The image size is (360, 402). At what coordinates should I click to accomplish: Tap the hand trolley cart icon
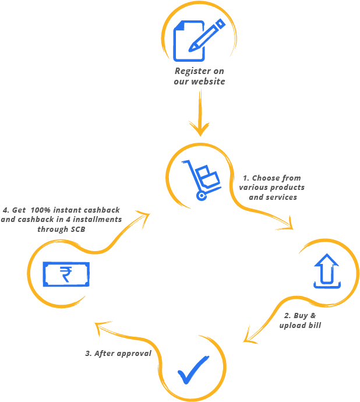pyautogui.click(x=201, y=179)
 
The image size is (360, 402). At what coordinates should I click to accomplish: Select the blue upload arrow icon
pyautogui.click(x=326, y=271)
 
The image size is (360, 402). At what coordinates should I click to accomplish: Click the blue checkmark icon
pyautogui.click(x=193, y=369)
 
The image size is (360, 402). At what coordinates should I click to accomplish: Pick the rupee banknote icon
pyautogui.click(x=66, y=274)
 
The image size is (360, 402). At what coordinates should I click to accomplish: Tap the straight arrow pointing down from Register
pyautogui.click(x=200, y=114)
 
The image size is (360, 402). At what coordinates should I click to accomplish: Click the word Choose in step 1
pyautogui.click(x=266, y=178)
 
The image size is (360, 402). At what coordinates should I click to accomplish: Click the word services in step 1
pyautogui.click(x=283, y=198)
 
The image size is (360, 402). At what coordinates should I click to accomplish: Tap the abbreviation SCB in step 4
pyautogui.click(x=77, y=230)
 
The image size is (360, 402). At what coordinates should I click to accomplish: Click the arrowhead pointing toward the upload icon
pyautogui.click(x=288, y=225)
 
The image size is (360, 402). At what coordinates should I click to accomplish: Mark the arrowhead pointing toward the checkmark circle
pyautogui.click(x=249, y=337)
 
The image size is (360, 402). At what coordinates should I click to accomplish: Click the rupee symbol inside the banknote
pyautogui.click(x=66, y=274)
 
